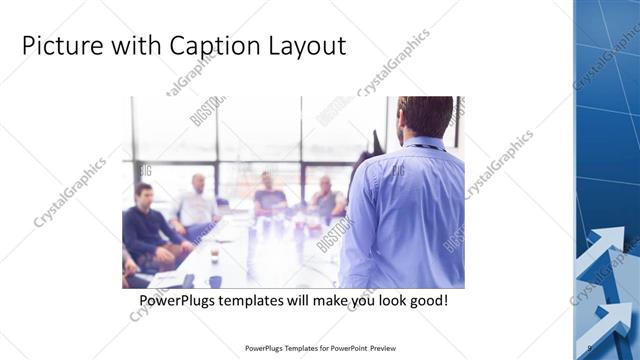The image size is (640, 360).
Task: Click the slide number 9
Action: point(590,348)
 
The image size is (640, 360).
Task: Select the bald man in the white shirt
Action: point(197,205)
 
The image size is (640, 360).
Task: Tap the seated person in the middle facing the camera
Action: point(268,196)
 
